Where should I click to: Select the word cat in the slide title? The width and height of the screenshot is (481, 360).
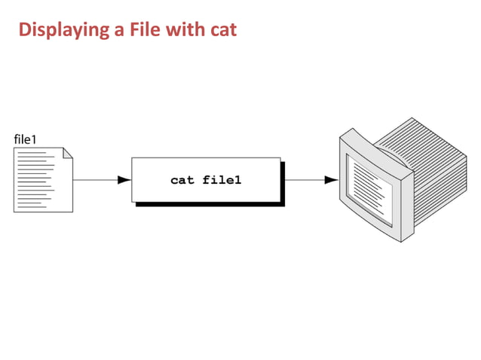tap(222, 30)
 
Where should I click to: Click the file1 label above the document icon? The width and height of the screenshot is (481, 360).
tap(26, 139)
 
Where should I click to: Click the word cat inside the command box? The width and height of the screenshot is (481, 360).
tap(182, 180)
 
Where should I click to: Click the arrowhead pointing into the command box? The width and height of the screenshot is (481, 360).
tap(124, 180)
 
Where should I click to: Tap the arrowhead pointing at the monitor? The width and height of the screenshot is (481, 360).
tap(330, 180)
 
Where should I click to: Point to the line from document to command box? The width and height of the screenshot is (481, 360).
tap(94, 180)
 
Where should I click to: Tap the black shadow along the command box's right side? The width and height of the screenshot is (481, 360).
tap(283, 183)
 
